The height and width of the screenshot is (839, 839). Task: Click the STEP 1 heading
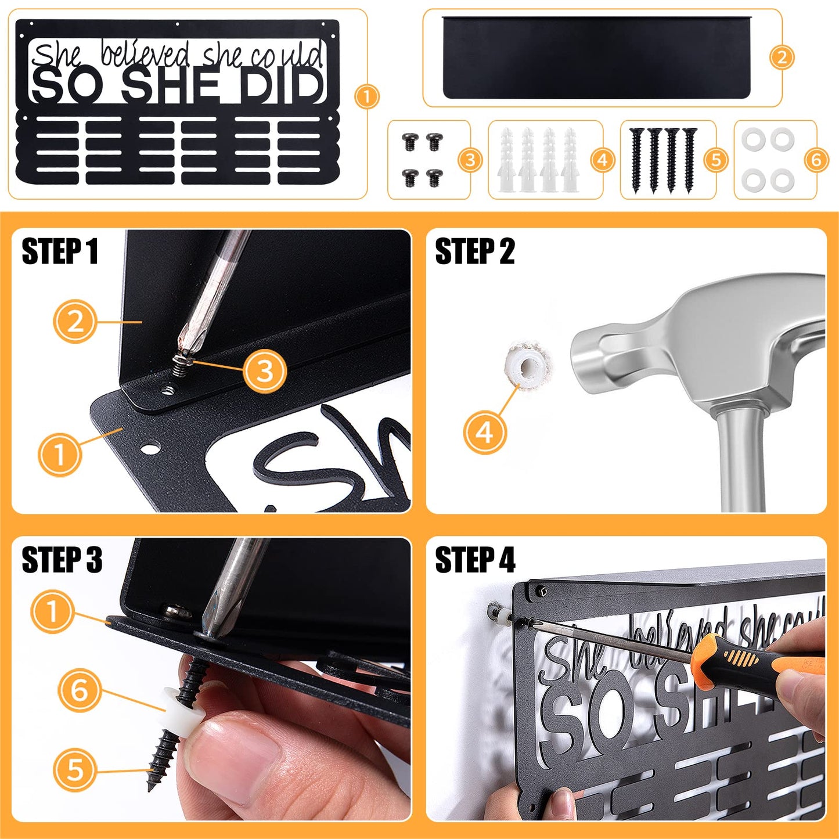pyautogui.click(x=60, y=251)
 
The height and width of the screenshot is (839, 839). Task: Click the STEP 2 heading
pyautogui.click(x=474, y=251)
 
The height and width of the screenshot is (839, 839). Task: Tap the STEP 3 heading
pyautogui.click(x=62, y=560)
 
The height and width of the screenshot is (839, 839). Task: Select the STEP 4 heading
pyautogui.click(x=475, y=560)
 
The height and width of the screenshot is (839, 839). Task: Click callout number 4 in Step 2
pyautogui.click(x=485, y=433)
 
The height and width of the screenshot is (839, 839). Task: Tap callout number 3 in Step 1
pyautogui.click(x=265, y=371)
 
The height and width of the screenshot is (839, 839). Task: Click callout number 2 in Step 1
pyautogui.click(x=75, y=322)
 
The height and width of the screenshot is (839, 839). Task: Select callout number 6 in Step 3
pyautogui.click(x=79, y=690)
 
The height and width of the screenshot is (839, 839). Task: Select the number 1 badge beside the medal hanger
pyautogui.click(x=366, y=96)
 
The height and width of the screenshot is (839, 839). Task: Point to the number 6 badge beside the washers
pyautogui.click(x=816, y=160)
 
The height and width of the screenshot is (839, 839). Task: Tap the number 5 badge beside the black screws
pyautogui.click(x=716, y=160)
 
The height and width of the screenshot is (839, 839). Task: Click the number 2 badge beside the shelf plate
pyautogui.click(x=782, y=57)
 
